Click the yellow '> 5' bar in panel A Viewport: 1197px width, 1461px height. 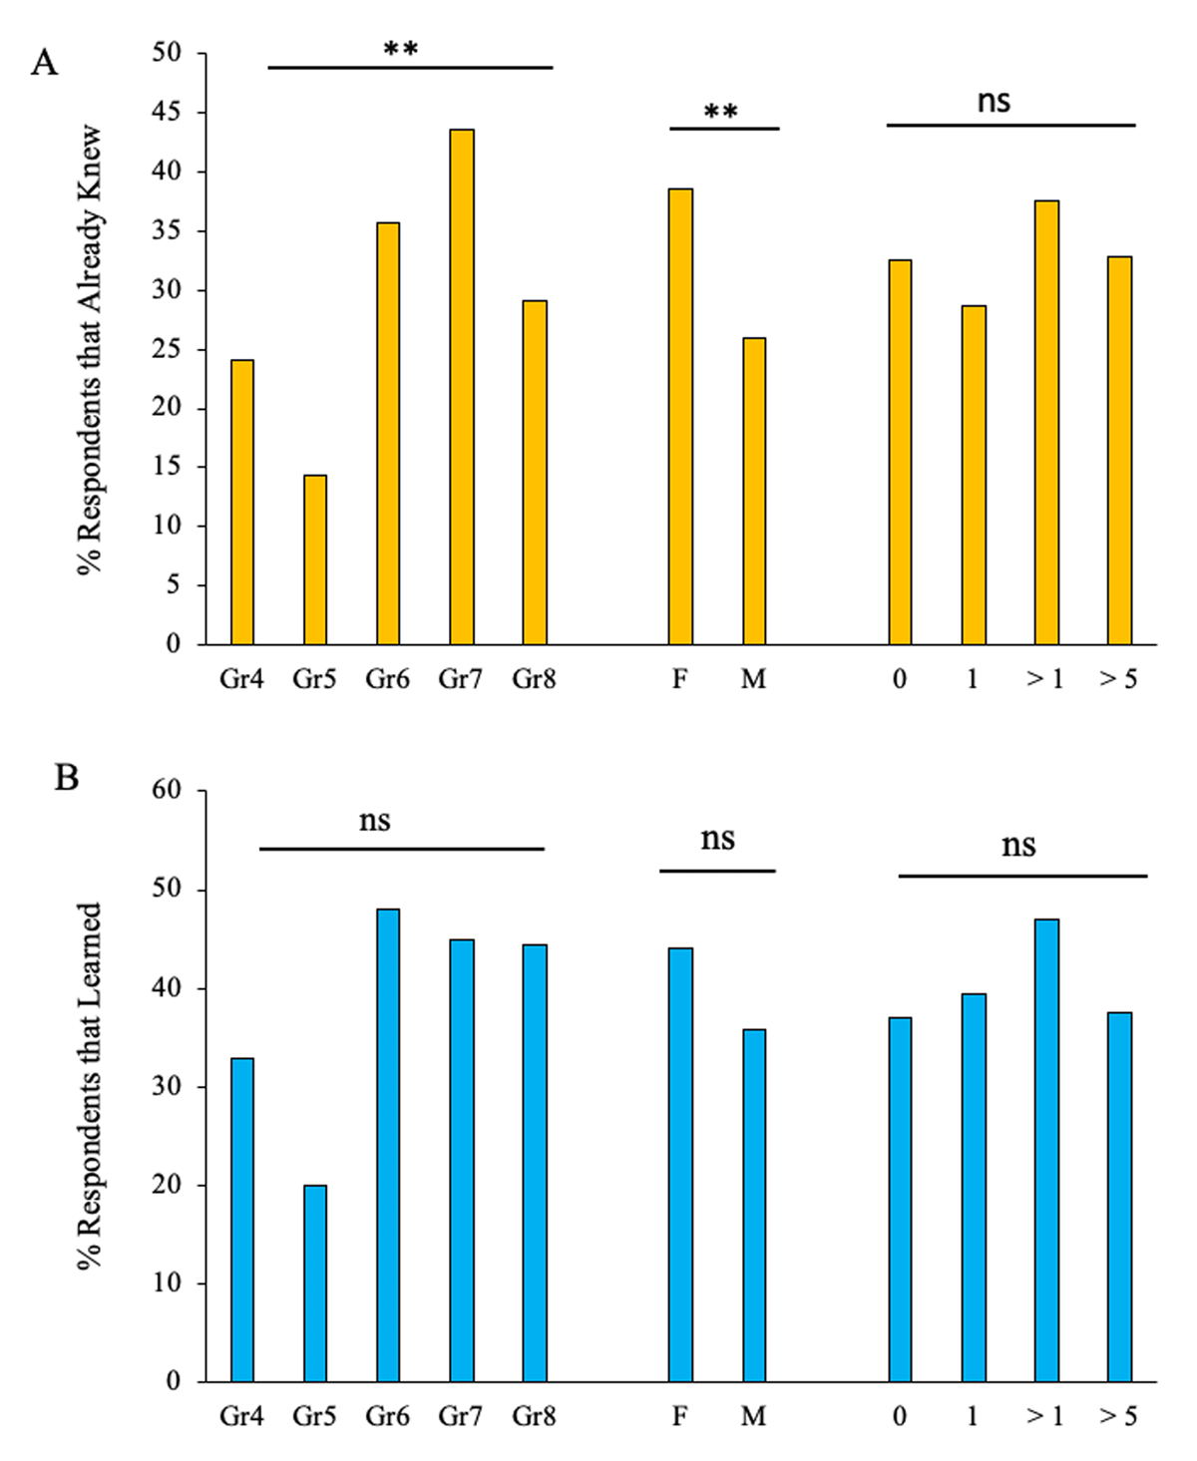click(1120, 450)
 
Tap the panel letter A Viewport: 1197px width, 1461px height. click(45, 64)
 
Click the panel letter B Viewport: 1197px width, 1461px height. click(66, 777)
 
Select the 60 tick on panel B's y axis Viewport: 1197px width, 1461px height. click(168, 790)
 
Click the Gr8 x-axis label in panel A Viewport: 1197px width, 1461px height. click(534, 679)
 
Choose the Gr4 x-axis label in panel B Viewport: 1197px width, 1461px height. click(241, 1416)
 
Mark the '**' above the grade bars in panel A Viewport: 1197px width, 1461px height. click(401, 48)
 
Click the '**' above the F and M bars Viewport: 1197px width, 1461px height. click(721, 112)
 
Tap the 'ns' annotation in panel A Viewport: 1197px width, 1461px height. click(994, 101)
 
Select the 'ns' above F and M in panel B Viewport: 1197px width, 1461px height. click(717, 840)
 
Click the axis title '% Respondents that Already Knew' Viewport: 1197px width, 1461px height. click(91, 349)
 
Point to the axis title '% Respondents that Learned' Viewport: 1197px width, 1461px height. click(91, 1085)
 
